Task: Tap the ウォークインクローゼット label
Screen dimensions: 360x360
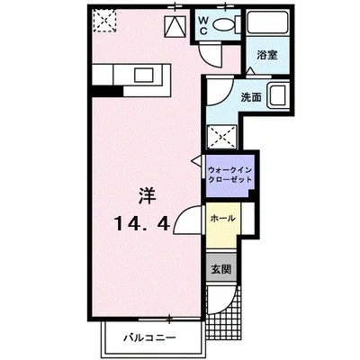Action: (x=230, y=174)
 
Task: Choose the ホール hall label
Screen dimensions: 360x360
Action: (x=222, y=219)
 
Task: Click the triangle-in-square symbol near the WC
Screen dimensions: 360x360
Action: (x=172, y=25)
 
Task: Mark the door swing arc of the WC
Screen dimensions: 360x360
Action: (x=209, y=54)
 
